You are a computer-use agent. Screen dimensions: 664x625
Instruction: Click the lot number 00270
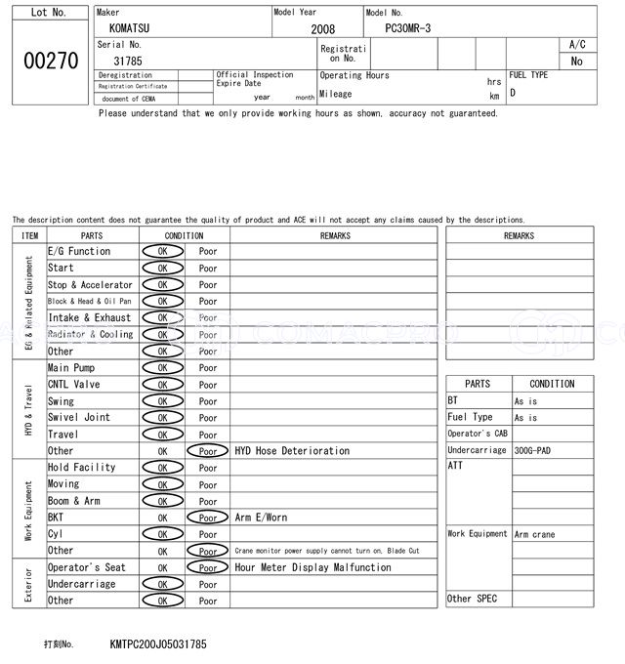51,61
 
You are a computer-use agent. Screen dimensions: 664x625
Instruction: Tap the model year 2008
322,29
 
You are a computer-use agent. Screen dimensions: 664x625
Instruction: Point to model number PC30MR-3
408,29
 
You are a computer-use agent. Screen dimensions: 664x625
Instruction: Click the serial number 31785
127,61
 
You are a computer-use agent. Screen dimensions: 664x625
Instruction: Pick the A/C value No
576,61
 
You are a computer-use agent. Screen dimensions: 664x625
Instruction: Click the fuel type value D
513,93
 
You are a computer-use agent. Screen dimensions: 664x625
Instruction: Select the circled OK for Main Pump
162,368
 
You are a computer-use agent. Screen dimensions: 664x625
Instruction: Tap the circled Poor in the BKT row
207,518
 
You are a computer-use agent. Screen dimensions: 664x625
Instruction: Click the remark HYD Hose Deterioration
292,451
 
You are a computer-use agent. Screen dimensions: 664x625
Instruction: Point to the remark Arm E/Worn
261,518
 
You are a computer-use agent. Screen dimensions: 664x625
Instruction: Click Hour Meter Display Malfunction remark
312,567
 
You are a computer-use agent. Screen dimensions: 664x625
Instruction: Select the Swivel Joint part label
79,417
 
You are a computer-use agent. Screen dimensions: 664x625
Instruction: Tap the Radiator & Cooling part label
90,334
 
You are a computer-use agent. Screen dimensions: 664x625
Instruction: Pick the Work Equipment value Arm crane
534,534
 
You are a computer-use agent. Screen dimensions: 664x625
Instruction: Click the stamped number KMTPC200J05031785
158,644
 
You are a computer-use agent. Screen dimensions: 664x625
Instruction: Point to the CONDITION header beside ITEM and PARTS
184,235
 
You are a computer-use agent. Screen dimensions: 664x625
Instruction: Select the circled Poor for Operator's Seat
207,567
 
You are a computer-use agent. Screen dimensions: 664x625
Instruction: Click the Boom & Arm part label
74,501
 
